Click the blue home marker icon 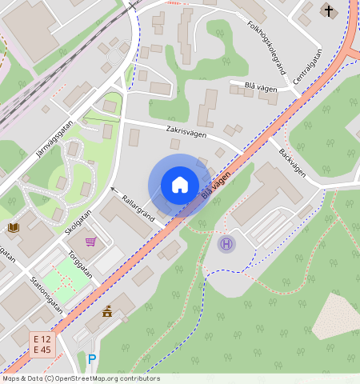(180, 185)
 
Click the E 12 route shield (42, 339)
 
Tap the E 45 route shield (42, 350)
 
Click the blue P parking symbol (92, 359)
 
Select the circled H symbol (226, 243)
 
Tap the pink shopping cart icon (91, 241)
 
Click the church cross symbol (329, 10)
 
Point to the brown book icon (13, 227)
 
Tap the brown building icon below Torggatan (106, 311)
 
